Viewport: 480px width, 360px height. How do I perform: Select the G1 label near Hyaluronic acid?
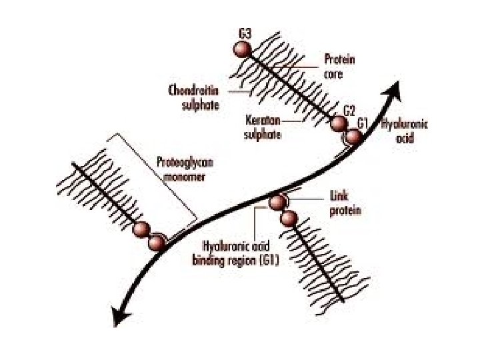click(363, 123)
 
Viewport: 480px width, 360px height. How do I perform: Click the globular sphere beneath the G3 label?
click(243, 50)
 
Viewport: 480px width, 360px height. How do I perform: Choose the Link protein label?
click(345, 205)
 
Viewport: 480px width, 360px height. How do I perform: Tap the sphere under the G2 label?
click(339, 124)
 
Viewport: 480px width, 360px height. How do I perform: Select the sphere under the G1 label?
click(353, 137)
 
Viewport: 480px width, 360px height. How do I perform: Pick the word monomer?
click(182, 177)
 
